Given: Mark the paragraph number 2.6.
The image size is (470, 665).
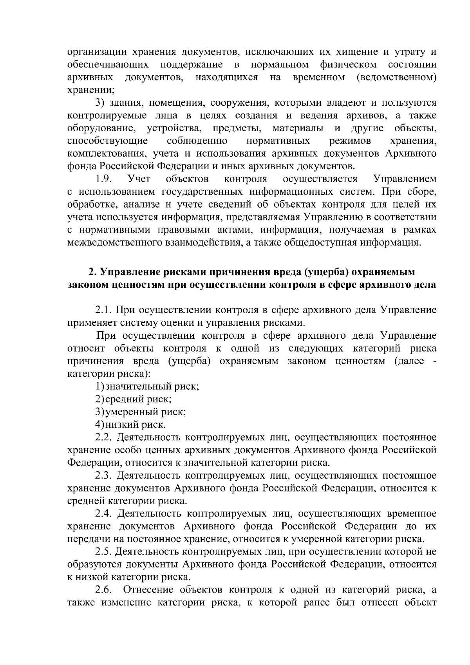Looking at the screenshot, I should coord(104,590).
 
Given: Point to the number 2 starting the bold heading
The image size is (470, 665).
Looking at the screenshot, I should coord(92,272).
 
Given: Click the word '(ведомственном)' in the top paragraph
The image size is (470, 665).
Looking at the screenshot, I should coord(396,77).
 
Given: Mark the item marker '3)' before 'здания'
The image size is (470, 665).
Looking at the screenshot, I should coord(100,103).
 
